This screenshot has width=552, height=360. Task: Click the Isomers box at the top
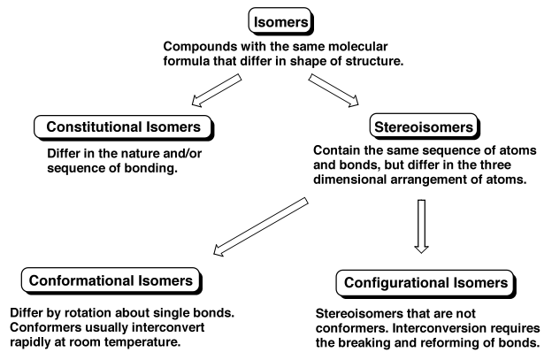277,19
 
